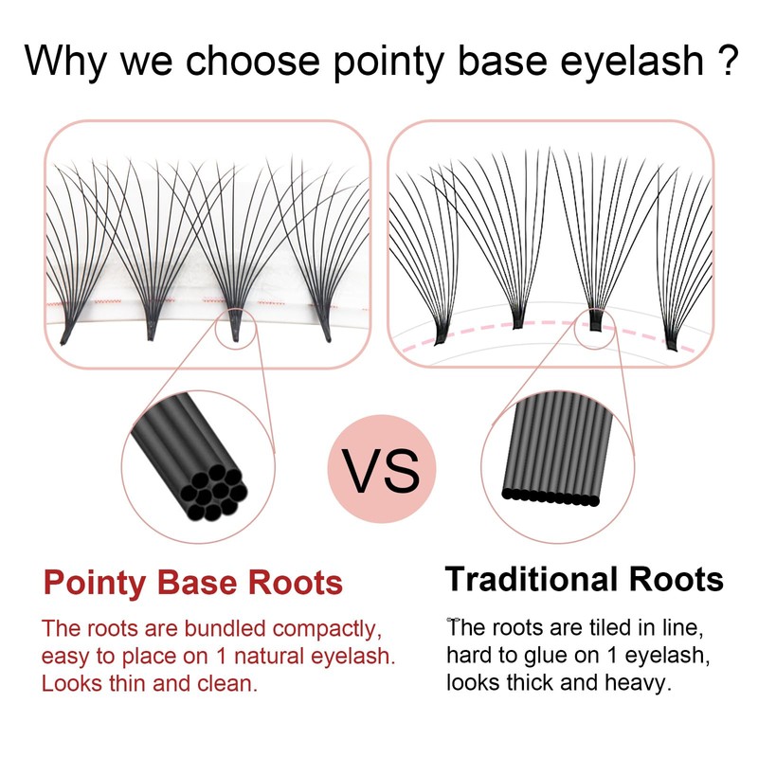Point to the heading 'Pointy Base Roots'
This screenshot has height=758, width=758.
tap(193, 583)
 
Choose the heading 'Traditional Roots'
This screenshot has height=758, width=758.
tap(585, 579)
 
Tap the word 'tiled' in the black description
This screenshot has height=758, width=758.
tap(597, 629)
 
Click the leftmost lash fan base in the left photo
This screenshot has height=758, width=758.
tap(68, 331)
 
